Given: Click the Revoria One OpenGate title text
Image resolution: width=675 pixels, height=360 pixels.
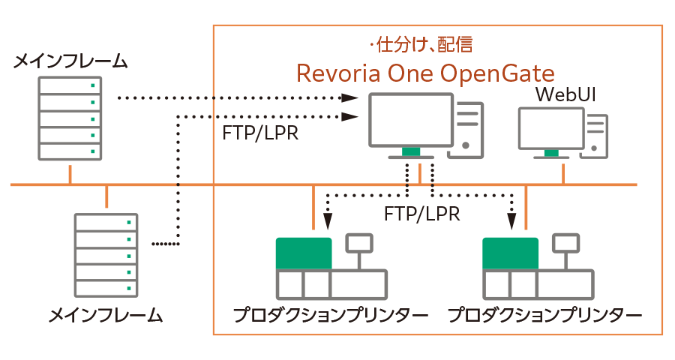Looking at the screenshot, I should (425, 73).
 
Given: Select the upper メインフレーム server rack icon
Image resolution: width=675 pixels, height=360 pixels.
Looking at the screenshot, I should (70, 118).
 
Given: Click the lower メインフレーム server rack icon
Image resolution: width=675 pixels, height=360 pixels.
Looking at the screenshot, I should (106, 255).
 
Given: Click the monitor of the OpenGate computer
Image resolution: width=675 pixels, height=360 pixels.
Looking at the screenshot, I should (411, 120).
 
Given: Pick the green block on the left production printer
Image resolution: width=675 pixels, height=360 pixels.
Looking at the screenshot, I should (304, 253).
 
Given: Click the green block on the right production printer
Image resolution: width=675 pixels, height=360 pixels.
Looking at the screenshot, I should (511, 253).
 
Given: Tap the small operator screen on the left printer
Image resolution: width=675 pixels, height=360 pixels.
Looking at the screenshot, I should (358, 243).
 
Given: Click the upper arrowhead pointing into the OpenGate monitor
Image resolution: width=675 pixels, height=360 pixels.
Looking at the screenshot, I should (349, 98).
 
